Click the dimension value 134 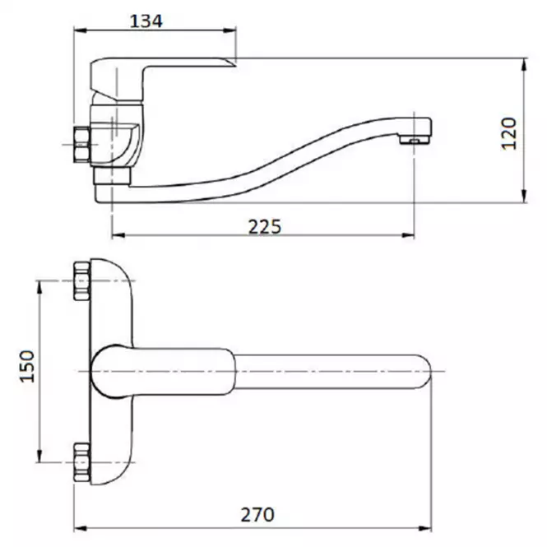pos(146,21)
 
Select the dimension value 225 pos(264,227)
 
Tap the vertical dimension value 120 pos(509,133)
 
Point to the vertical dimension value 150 pos(27,366)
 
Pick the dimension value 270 pos(257,515)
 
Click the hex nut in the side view pos(81,145)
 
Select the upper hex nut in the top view pos(81,281)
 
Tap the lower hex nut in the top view pos(81,462)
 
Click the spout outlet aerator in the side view pos(414,140)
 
